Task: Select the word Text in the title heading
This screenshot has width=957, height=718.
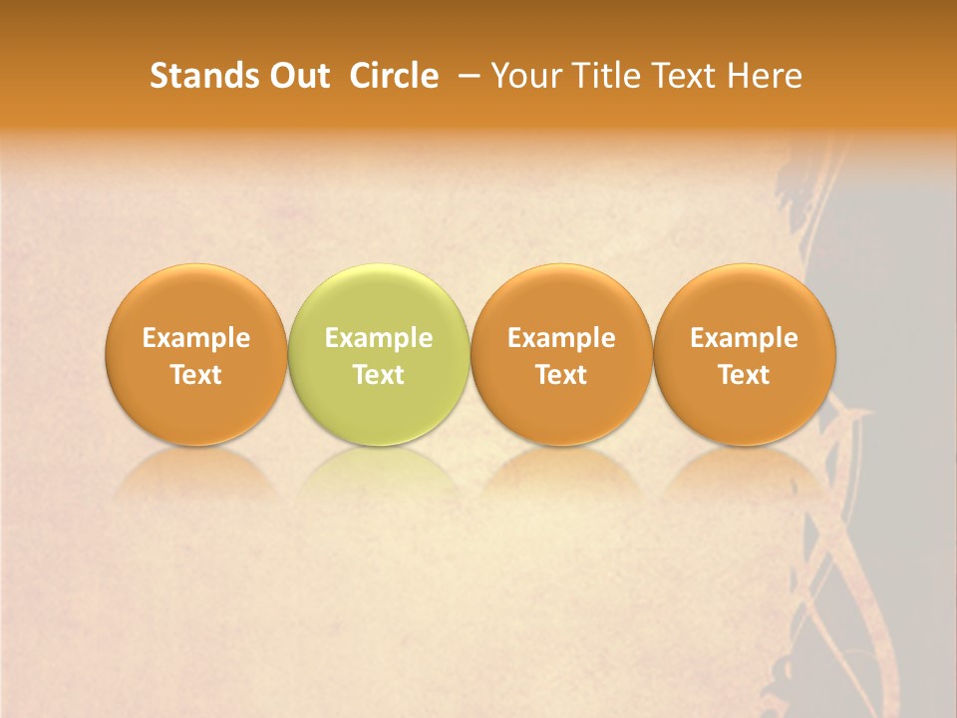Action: coord(682,76)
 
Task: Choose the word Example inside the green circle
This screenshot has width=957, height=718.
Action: coord(379,338)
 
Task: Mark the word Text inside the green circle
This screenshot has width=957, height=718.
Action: coord(379,375)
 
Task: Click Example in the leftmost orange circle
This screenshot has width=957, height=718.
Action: coord(196,338)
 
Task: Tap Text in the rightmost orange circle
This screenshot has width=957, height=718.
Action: coord(744,375)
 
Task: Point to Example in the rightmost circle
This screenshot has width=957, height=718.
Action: coord(744,338)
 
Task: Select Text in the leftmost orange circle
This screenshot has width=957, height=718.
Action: coord(196,375)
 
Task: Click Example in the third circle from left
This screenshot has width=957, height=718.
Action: coord(561,338)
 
